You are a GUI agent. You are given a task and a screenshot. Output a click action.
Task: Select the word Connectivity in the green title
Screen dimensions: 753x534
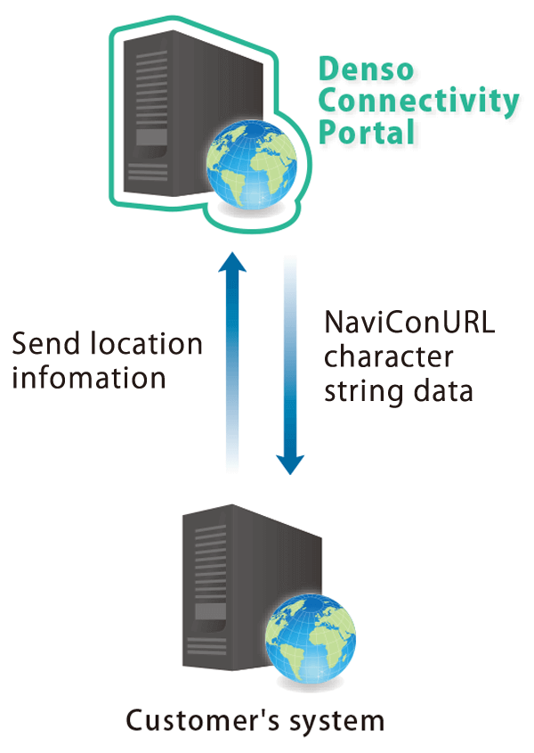(417, 102)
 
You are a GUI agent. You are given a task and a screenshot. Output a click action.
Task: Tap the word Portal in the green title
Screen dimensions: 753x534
(367, 133)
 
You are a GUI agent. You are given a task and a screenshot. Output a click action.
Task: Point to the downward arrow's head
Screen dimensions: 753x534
(289, 462)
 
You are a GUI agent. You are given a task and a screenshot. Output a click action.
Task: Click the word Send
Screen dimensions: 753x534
(45, 344)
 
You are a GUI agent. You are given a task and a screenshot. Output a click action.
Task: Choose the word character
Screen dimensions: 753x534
(388, 358)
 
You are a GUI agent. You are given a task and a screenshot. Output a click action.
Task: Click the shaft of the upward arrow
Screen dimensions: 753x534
(232, 374)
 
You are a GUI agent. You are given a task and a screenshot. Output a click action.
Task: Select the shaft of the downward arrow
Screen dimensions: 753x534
(289, 356)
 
